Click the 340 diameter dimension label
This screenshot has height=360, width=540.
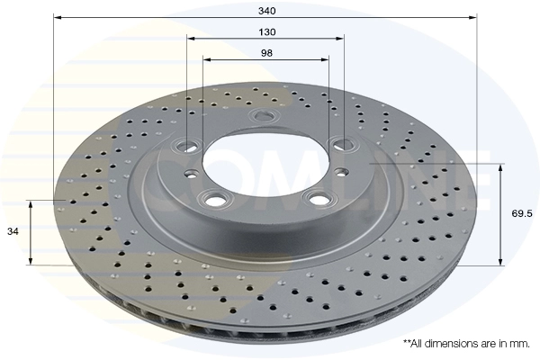coord(267,11)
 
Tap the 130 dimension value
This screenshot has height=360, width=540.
coord(267,32)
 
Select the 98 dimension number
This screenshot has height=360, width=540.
coord(267,53)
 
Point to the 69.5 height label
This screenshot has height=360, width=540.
coord(522,213)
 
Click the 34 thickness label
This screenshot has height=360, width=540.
coord(13,232)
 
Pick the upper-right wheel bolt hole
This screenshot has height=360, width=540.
coord(343,144)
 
